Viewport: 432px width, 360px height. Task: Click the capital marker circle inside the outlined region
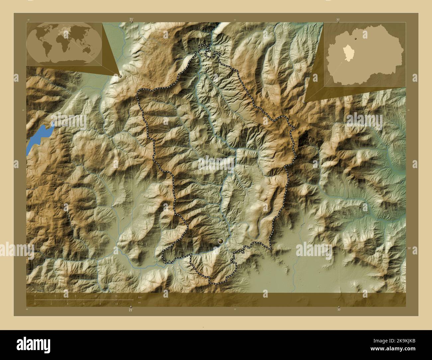(220, 242)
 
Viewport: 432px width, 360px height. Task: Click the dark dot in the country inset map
(357, 39)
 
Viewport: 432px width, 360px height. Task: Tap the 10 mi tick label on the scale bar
(116, 304)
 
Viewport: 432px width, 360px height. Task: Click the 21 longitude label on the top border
(132, 20)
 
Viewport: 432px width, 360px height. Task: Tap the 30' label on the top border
(338, 20)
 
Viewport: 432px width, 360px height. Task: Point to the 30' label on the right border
(409, 248)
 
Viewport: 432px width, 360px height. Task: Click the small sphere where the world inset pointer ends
(120, 76)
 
